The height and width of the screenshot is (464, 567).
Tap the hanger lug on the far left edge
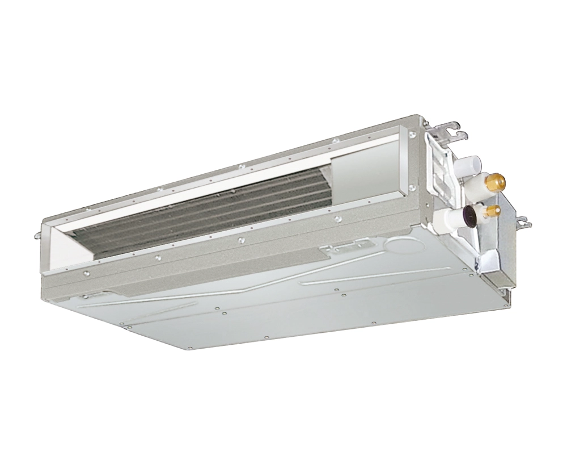(x=39, y=233)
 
